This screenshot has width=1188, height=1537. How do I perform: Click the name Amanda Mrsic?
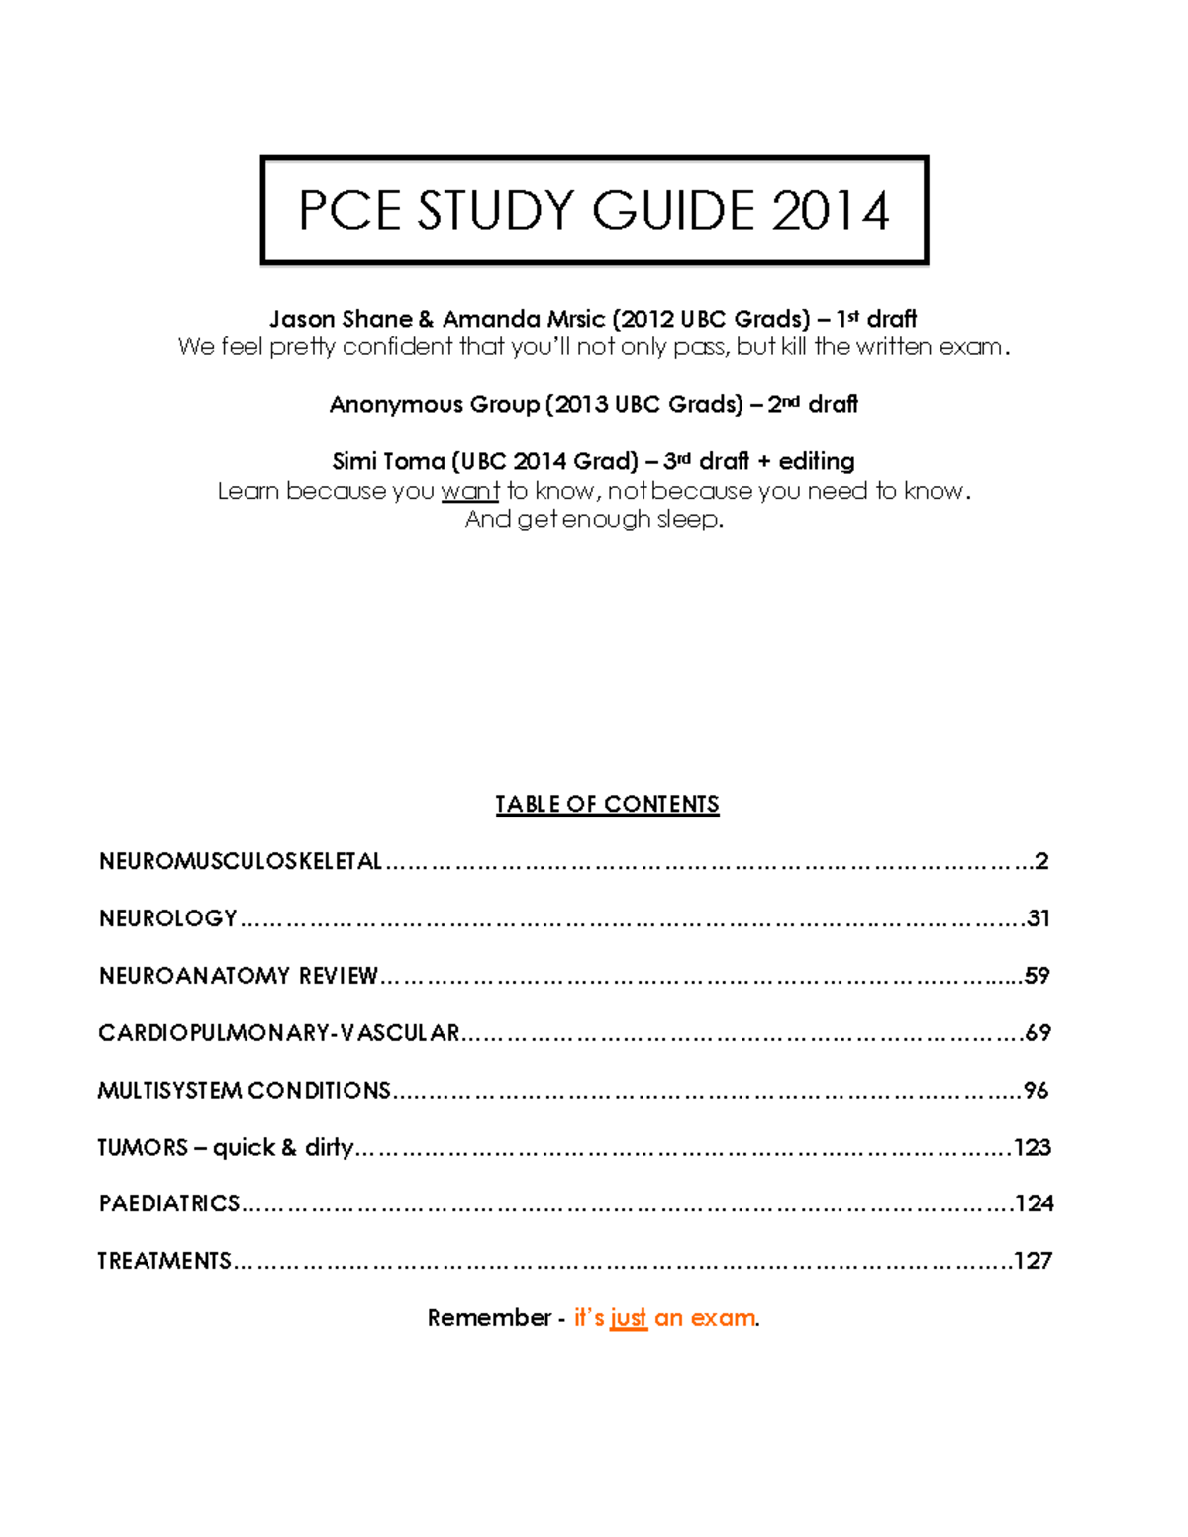(523, 319)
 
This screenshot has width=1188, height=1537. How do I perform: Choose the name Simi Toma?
(388, 461)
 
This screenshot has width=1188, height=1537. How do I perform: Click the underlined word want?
(470, 491)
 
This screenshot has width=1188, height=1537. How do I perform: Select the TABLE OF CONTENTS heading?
(607, 804)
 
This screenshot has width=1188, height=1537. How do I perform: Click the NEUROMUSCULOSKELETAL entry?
(241, 861)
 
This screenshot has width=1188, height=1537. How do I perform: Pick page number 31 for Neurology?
(1039, 918)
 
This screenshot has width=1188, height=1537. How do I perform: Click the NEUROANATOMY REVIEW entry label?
(239, 976)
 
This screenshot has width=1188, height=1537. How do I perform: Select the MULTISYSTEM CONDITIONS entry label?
(245, 1091)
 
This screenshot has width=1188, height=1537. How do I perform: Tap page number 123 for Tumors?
(1033, 1147)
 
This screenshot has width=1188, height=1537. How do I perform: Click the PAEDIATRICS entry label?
(169, 1203)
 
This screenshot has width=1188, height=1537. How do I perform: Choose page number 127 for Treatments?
(1033, 1261)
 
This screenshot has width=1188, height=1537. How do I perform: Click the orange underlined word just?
(629, 1318)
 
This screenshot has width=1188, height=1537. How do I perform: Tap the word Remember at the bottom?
(489, 1318)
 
